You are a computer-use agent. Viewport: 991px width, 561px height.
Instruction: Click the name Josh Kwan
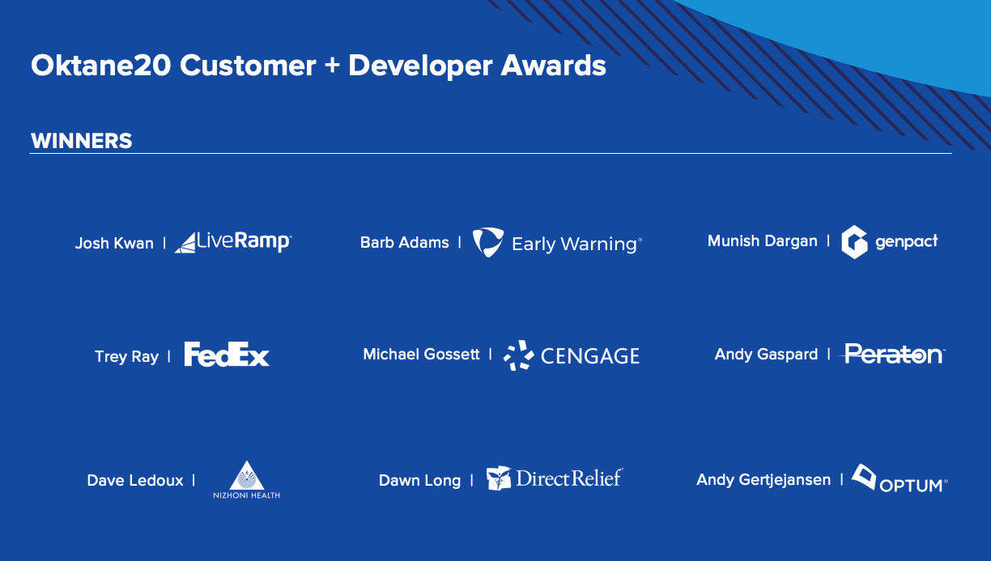point(114,243)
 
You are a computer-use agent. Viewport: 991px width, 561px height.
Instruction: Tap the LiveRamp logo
point(233,242)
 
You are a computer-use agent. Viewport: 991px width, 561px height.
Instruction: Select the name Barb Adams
point(404,242)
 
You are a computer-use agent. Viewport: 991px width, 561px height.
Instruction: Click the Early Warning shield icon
point(488,242)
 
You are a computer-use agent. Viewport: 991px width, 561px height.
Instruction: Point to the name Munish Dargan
point(762,241)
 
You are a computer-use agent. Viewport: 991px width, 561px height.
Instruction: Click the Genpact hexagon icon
point(854,242)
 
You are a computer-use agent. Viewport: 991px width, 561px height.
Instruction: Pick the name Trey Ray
point(126,357)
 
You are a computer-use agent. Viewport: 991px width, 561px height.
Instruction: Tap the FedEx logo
point(227,354)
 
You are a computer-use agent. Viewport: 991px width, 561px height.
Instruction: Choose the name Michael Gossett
point(421,354)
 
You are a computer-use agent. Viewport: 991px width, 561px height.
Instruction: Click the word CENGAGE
point(590,356)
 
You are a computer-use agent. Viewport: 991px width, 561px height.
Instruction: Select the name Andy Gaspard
point(766,354)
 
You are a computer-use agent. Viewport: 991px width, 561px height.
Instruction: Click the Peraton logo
point(892,354)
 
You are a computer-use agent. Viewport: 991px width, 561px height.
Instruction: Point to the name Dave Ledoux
point(135,481)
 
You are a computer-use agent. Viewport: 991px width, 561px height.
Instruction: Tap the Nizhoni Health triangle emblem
point(246,477)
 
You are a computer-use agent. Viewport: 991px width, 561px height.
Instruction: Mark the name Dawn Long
point(419,481)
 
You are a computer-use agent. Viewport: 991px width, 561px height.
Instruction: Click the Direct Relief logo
point(555,478)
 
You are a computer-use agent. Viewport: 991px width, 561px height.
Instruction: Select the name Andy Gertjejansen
point(763,479)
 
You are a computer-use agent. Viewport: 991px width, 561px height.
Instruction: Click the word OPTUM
point(912,486)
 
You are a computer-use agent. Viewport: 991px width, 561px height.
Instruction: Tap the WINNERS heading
point(82,141)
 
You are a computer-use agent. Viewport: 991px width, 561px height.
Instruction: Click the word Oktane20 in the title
point(100,66)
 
